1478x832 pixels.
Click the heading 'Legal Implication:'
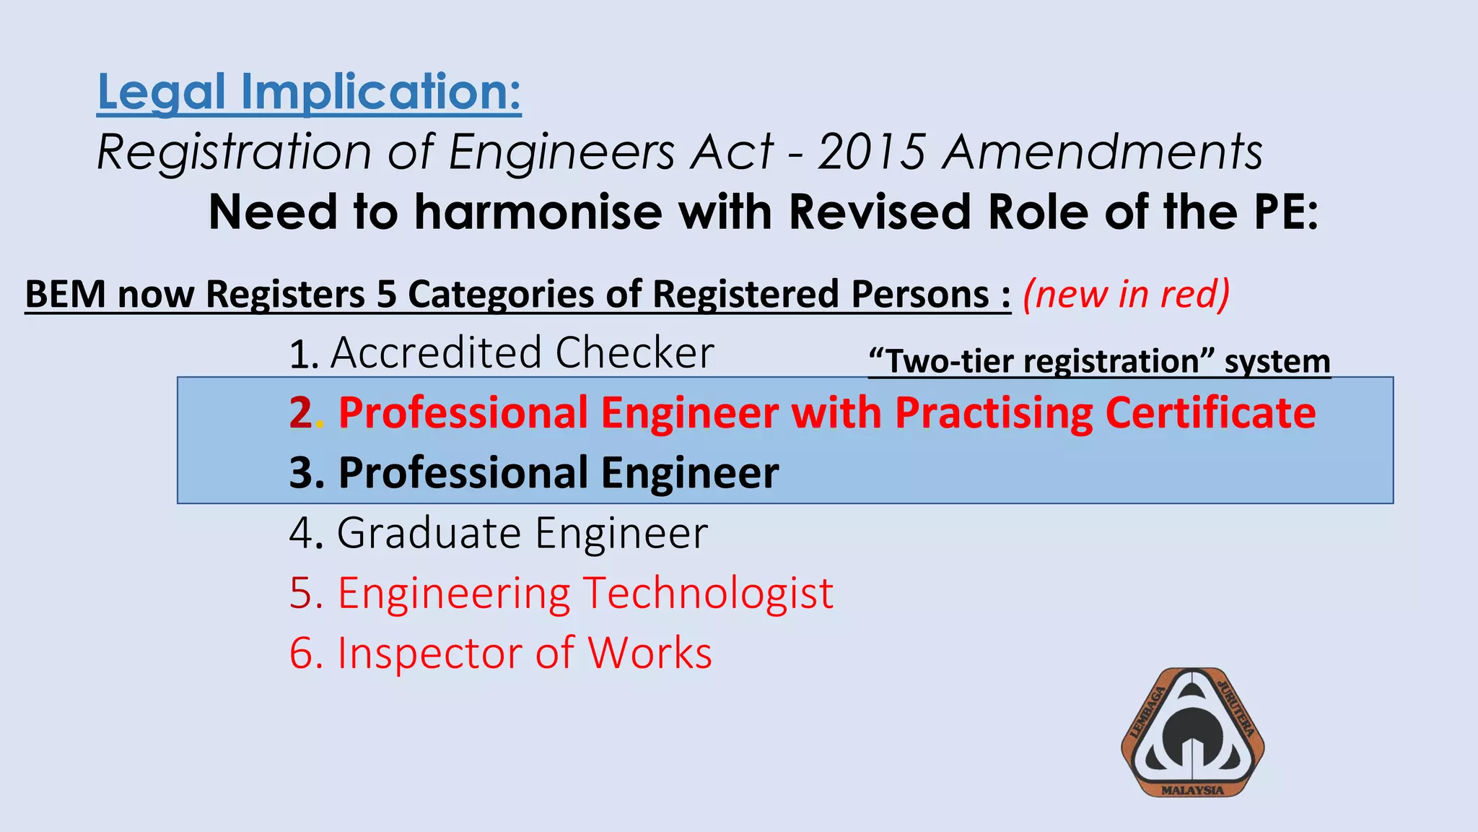[309, 92]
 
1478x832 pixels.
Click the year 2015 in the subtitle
[871, 152]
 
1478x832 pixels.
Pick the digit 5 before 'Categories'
[386, 294]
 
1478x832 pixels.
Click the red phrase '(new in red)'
[1126, 294]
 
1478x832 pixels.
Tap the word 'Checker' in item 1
[634, 353]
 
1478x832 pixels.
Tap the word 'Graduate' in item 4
[429, 533]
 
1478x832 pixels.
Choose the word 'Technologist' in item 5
[708, 593]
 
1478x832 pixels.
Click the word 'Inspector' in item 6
[430, 653]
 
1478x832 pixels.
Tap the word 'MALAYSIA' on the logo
[1192, 790]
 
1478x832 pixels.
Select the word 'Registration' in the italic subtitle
[234, 152]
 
